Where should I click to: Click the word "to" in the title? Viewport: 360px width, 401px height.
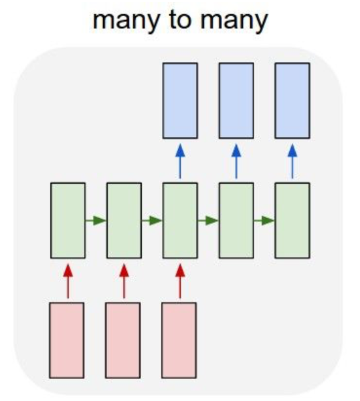coord(181,20)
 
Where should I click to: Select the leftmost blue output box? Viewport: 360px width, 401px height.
coord(180,101)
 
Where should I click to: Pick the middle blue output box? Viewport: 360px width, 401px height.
coord(236,101)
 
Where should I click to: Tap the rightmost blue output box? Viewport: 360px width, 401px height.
coord(292,101)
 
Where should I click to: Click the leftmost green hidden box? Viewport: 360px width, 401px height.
coord(68,221)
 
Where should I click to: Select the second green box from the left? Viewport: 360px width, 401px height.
coord(124,221)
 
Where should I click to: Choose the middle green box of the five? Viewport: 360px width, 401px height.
coord(180,221)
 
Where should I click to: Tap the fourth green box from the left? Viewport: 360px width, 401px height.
coord(236,221)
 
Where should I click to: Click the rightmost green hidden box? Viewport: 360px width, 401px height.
coord(292,221)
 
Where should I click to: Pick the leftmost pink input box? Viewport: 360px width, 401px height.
coord(67,340)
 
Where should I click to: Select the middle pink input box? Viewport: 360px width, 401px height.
coord(123,340)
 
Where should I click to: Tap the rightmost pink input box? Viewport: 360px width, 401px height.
coord(179,340)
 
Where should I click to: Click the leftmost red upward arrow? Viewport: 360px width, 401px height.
coord(68,281)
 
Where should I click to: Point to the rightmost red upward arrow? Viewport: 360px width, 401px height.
coord(180,281)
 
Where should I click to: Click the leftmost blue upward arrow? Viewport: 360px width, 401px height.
coord(180,161)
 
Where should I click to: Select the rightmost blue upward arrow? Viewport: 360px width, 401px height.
coord(292,161)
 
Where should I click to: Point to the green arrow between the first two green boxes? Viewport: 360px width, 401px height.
coord(96,221)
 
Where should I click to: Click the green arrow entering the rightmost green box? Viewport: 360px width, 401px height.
coord(264,221)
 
